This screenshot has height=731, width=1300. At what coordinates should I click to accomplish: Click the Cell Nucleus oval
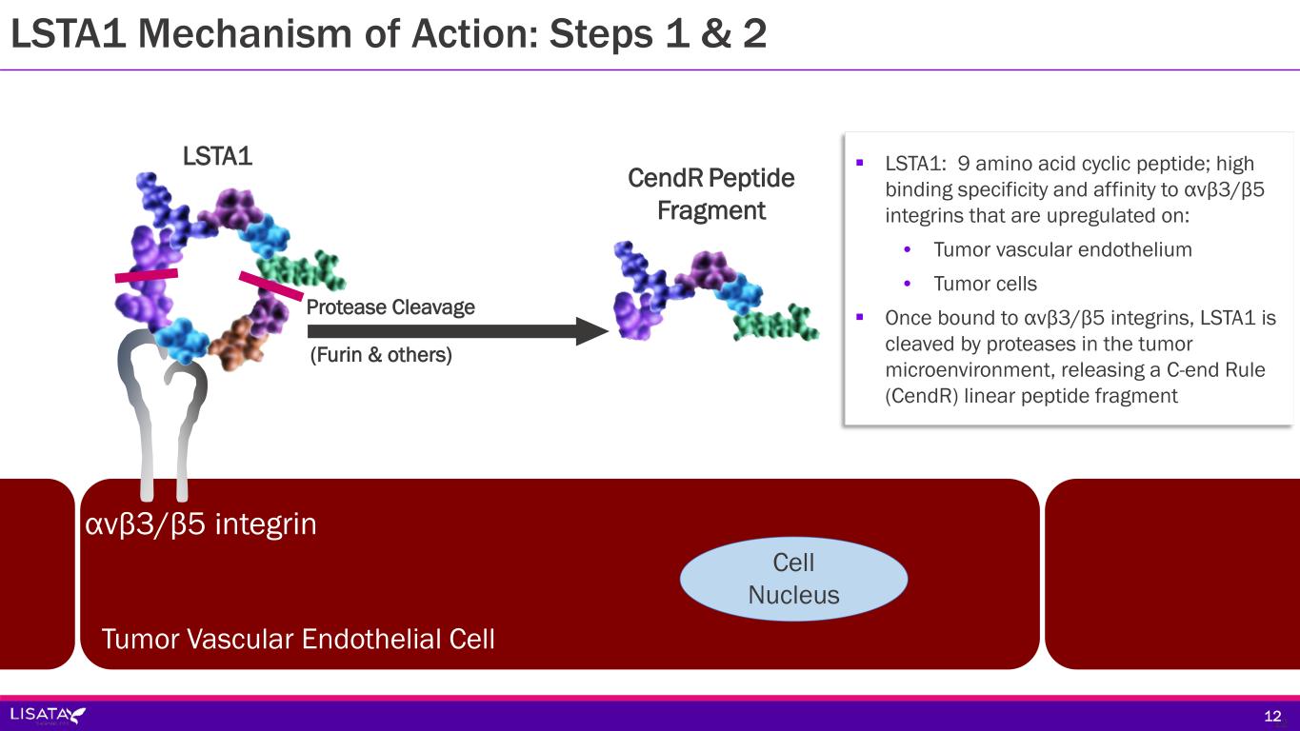tap(793, 579)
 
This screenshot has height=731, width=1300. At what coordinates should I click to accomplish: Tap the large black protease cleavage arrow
tap(458, 331)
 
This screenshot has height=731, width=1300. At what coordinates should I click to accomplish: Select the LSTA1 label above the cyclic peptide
tap(218, 156)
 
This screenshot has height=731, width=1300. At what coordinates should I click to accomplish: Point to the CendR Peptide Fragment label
tap(710, 194)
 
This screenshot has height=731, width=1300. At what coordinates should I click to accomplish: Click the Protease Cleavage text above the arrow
tap(390, 306)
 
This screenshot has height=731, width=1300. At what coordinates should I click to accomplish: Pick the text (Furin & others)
tap(381, 354)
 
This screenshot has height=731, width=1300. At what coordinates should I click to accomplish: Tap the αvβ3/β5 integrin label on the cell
tap(201, 524)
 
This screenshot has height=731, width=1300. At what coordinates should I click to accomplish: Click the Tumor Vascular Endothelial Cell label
tap(298, 639)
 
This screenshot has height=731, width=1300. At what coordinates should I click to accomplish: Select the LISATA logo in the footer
tap(48, 714)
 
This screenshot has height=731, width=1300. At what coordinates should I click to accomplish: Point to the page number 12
tap(1272, 716)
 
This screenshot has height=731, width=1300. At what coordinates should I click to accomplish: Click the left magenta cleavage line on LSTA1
tap(147, 275)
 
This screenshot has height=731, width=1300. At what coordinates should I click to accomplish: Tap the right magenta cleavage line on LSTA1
tap(271, 286)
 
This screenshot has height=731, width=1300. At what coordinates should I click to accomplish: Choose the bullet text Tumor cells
tap(985, 284)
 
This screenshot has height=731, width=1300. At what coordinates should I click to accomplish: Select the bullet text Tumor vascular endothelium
tap(1063, 249)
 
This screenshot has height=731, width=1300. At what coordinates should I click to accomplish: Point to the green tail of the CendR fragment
tap(776, 322)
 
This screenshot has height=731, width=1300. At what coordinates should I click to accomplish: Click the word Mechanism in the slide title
tap(245, 33)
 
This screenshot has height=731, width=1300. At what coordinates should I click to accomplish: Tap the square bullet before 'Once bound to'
tap(859, 317)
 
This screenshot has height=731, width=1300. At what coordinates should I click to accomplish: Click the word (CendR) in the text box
tap(922, 396)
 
